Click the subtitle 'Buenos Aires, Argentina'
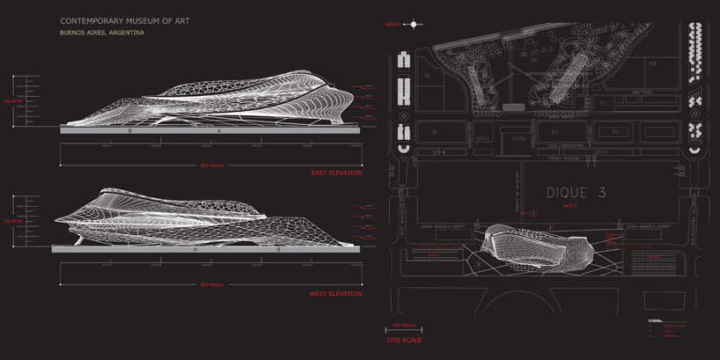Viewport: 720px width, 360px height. pyautogui.click(x=102, y=33)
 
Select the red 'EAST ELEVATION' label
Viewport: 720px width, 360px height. pyautogui.click(x=336, y=173)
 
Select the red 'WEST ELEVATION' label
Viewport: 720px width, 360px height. pyautogui.click(x=335, y=293)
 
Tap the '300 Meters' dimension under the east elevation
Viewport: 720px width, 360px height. pyautogui.click(x=212, y=165)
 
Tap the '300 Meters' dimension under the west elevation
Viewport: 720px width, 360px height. pyautogui.click(x=212, y=284)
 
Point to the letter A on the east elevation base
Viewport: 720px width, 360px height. pyautogui.click(x=219, y=130)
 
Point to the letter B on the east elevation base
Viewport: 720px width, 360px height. pyautogui.click(x=130, y=130)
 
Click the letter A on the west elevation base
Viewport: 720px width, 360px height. pyautogui.click(x=195, y=250)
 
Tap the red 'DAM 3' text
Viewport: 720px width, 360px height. pyautogui.click(x=569, y=205)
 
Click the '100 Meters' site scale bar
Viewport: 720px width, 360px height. pyautogui.click(x=403, y=327)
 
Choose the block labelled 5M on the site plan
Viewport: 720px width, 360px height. pyautogui.click(x=652, y=66)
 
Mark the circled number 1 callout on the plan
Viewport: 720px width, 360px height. pyautogui.click(x=532, y=213)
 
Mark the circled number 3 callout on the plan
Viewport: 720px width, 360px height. pyautogui.click(x=478, y=263)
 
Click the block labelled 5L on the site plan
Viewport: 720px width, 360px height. pyautogui.click(x=428, y=77)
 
